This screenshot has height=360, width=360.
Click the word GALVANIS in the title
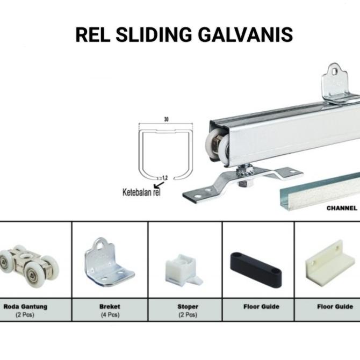coord(247,34)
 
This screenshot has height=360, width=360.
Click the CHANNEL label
coord(342,208)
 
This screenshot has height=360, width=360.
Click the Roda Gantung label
coord(26,307)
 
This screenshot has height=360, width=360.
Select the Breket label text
coord(110,307)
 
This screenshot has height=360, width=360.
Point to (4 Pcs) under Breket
coord(110,315)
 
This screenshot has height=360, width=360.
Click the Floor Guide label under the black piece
coord(262,307)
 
